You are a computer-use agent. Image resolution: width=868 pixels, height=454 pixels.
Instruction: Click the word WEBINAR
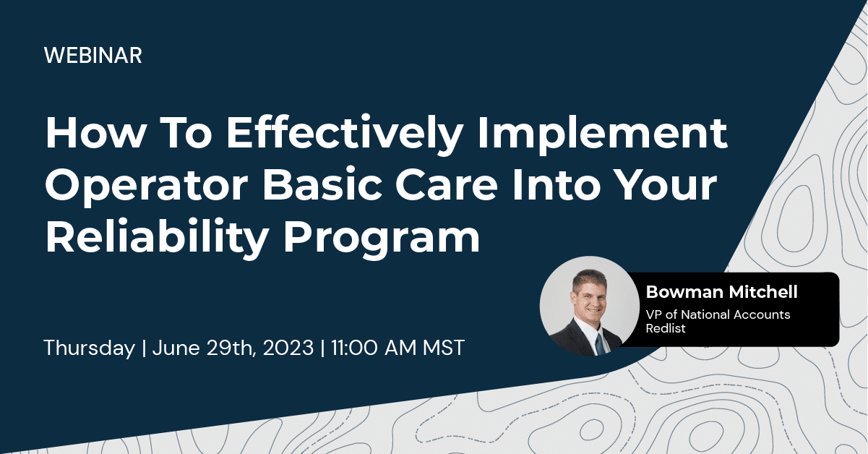click(x=93, y=56)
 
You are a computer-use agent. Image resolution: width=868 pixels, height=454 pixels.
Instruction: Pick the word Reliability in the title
click(x=150, y=237)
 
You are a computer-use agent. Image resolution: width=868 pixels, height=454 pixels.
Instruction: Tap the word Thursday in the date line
click(x=89, y=348)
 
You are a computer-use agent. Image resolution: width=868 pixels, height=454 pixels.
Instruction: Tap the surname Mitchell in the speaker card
click(x=764, y=292)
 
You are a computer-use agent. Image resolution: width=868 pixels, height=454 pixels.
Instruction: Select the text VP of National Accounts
click(x=718, y=314)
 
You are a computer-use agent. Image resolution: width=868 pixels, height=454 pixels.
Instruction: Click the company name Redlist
click(x=664, y=328)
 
